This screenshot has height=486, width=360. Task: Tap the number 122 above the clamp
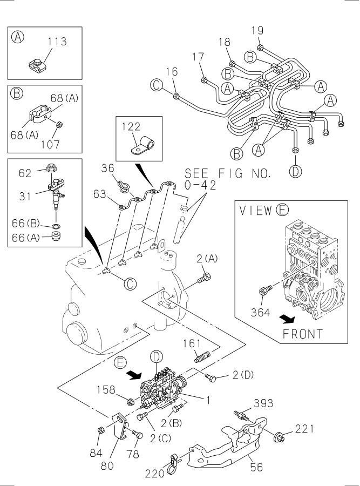[x=131, y=128]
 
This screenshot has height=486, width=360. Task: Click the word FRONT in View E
[x=303, y=334]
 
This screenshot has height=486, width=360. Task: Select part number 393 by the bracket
[x=263, y=403]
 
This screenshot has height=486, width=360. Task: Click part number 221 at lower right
[x=304, y=430]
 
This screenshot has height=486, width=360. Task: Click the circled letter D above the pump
[x=156, y=356]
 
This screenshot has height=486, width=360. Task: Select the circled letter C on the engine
[x=129, y=283]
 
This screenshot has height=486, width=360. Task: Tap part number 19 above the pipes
[x=258, y=31]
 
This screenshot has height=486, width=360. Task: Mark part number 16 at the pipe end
[x=172, y=71]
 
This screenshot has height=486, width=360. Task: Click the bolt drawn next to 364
[x=264, y=292]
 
